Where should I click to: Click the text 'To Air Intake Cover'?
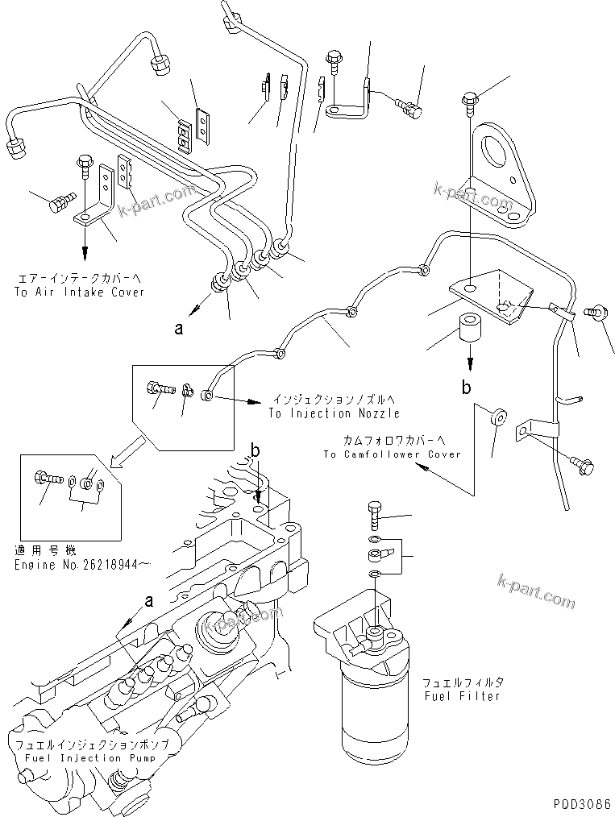(79, 292)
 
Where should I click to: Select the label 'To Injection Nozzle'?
(335, 413)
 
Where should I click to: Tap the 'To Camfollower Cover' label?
(392, 454)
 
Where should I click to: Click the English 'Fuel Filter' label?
(462, 695)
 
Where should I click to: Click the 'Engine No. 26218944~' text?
(70, 564)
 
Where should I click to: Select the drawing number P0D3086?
(582, 804)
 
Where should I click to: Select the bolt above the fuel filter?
(376, 509)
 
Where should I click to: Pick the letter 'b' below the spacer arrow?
(466, 388)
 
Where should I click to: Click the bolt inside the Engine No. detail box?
(48, 479)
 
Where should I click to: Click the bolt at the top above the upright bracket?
(470, 100)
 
